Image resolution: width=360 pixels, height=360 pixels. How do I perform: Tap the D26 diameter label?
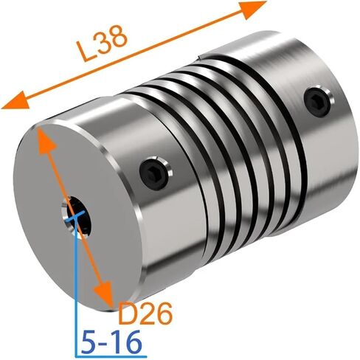click(145, 314)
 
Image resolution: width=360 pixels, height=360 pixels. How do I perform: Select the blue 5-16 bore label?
click(111, 342)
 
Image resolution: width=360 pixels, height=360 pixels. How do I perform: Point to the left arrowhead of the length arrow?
click(15, 100)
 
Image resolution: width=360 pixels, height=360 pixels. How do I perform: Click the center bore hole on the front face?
click(76, 216)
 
